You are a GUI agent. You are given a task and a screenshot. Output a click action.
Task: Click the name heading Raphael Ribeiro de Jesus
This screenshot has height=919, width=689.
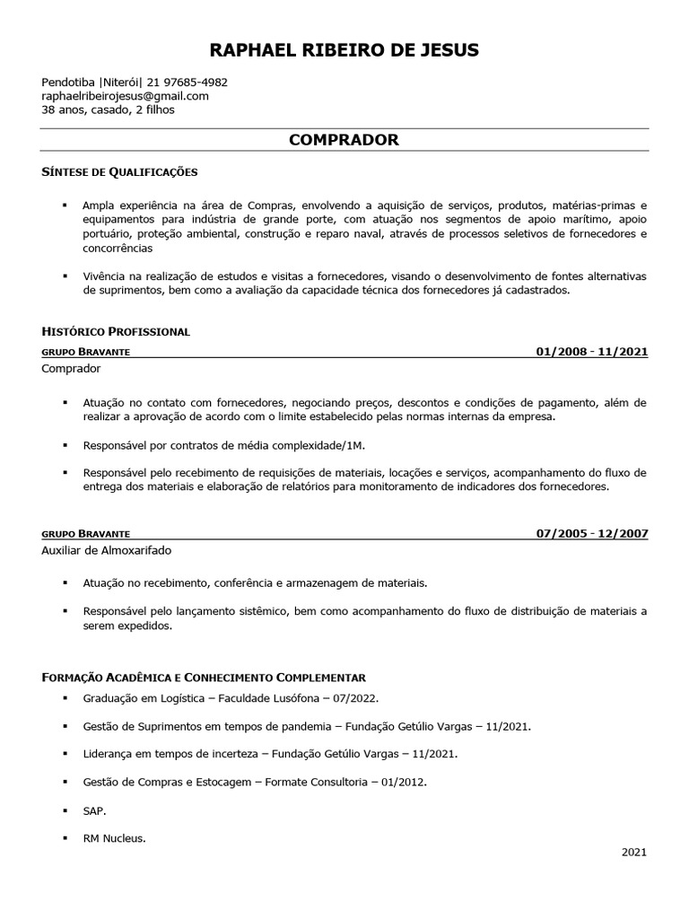[x=344, y=49]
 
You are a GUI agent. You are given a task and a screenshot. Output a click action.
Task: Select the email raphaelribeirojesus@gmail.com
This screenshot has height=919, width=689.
[x=125, y=96]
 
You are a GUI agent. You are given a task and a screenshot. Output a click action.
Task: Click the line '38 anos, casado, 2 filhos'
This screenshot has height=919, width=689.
[x=108, y=110]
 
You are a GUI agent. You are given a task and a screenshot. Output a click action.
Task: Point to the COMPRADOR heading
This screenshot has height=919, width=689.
[x=344, y=140]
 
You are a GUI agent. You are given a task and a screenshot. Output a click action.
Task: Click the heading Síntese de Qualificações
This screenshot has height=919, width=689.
[x=118, y=171]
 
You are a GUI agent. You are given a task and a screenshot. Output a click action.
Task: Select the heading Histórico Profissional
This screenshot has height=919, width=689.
[x=115, y=331]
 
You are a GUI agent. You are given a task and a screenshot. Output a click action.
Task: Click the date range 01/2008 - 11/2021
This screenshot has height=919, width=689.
[x=591, y=351]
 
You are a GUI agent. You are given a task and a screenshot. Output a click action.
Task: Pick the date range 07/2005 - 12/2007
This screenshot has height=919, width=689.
[x=591, y=533]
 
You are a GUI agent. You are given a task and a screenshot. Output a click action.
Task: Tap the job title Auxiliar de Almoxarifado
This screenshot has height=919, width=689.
[x=106, y=549]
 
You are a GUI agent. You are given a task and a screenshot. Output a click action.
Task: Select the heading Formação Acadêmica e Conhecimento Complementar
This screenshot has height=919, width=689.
[x=204, y=676]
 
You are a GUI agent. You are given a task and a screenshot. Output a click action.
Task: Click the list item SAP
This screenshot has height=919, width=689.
[x=93, y=810]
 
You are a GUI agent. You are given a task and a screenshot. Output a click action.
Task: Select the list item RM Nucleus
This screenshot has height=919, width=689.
[x=113, y=838]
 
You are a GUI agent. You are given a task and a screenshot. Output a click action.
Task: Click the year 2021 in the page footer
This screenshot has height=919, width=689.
[x=634, y=853]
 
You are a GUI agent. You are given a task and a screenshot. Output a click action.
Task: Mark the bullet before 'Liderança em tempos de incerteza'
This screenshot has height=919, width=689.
[x=65, y=754]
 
